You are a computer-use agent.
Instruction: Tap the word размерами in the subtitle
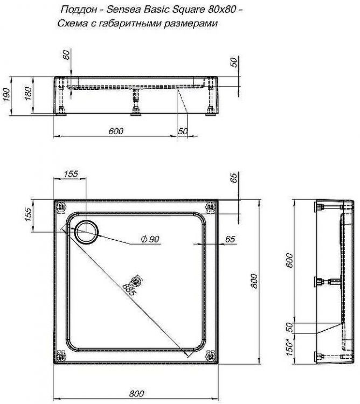click(x=191, y=24)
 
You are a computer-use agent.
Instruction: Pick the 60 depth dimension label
click(x=66, y=55)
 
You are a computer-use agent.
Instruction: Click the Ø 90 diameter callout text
click(x=150, y=239)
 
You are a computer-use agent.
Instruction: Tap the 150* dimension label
click(x=290, y=348)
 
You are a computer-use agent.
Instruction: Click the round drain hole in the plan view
click(x=86, y=232)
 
